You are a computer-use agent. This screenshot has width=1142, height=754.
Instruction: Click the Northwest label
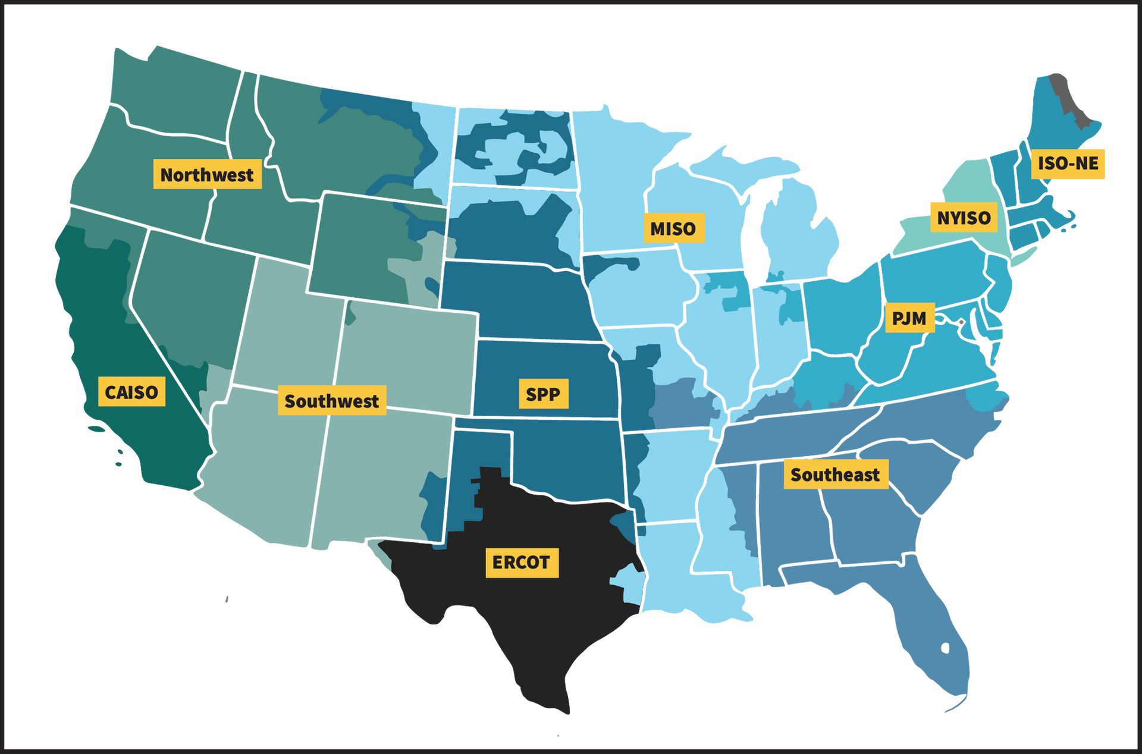tap(207, 174)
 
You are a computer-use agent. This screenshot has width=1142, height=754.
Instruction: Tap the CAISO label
tap(131, 392)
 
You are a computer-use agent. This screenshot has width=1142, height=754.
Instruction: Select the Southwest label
tap(331, 401)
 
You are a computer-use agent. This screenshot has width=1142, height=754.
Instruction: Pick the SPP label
tap(542, 394)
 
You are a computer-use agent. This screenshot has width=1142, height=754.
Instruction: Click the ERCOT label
tap(522, 563)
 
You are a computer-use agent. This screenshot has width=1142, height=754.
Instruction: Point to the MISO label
tap(673, 228)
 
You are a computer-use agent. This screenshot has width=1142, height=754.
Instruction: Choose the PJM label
tap(909, 318)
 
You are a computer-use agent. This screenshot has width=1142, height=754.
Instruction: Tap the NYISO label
tap(964, 218)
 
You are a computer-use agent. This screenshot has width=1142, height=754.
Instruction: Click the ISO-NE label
tap(1068, 163)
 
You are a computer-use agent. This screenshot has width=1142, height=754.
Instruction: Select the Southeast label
tap(835, 475)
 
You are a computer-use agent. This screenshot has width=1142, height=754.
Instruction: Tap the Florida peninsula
tap(934, 636)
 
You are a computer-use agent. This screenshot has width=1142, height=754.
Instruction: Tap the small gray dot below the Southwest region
tap(227, 599)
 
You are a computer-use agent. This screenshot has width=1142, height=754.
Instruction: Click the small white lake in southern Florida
tap(946, 648)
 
